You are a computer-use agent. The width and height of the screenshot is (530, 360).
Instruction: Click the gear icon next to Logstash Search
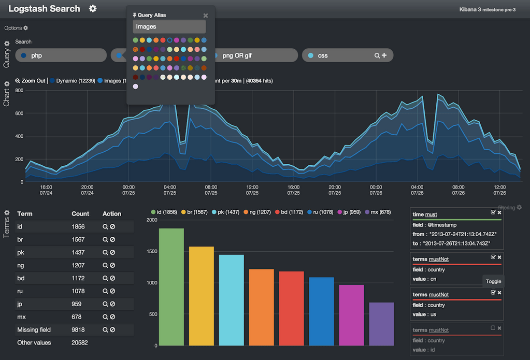coord(93,9)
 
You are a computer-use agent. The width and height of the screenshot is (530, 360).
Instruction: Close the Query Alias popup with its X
coord(206,16)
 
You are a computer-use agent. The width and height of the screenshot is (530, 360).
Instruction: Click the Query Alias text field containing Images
coord(169,27)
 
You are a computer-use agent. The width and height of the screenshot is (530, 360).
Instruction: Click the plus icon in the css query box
coord(384,55)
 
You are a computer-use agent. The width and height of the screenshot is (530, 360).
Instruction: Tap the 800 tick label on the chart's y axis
coord(19,91)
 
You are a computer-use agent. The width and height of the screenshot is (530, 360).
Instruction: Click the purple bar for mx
coord(381,324)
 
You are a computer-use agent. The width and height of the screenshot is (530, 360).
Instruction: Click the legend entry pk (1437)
coord(227,212)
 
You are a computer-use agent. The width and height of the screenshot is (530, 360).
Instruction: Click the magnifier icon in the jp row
coord(105,304)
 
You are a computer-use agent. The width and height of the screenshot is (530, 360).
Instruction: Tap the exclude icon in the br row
coord(112,240)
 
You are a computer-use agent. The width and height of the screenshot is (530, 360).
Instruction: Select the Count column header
coord(80,213)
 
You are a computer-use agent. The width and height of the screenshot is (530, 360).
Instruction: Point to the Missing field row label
coord(34,330)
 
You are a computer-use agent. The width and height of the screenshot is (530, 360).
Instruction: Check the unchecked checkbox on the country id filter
coord(493,328)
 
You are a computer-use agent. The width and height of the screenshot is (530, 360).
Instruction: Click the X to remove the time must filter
coord(499,212)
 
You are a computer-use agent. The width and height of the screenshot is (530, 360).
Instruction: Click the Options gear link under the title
coord(16,28)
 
